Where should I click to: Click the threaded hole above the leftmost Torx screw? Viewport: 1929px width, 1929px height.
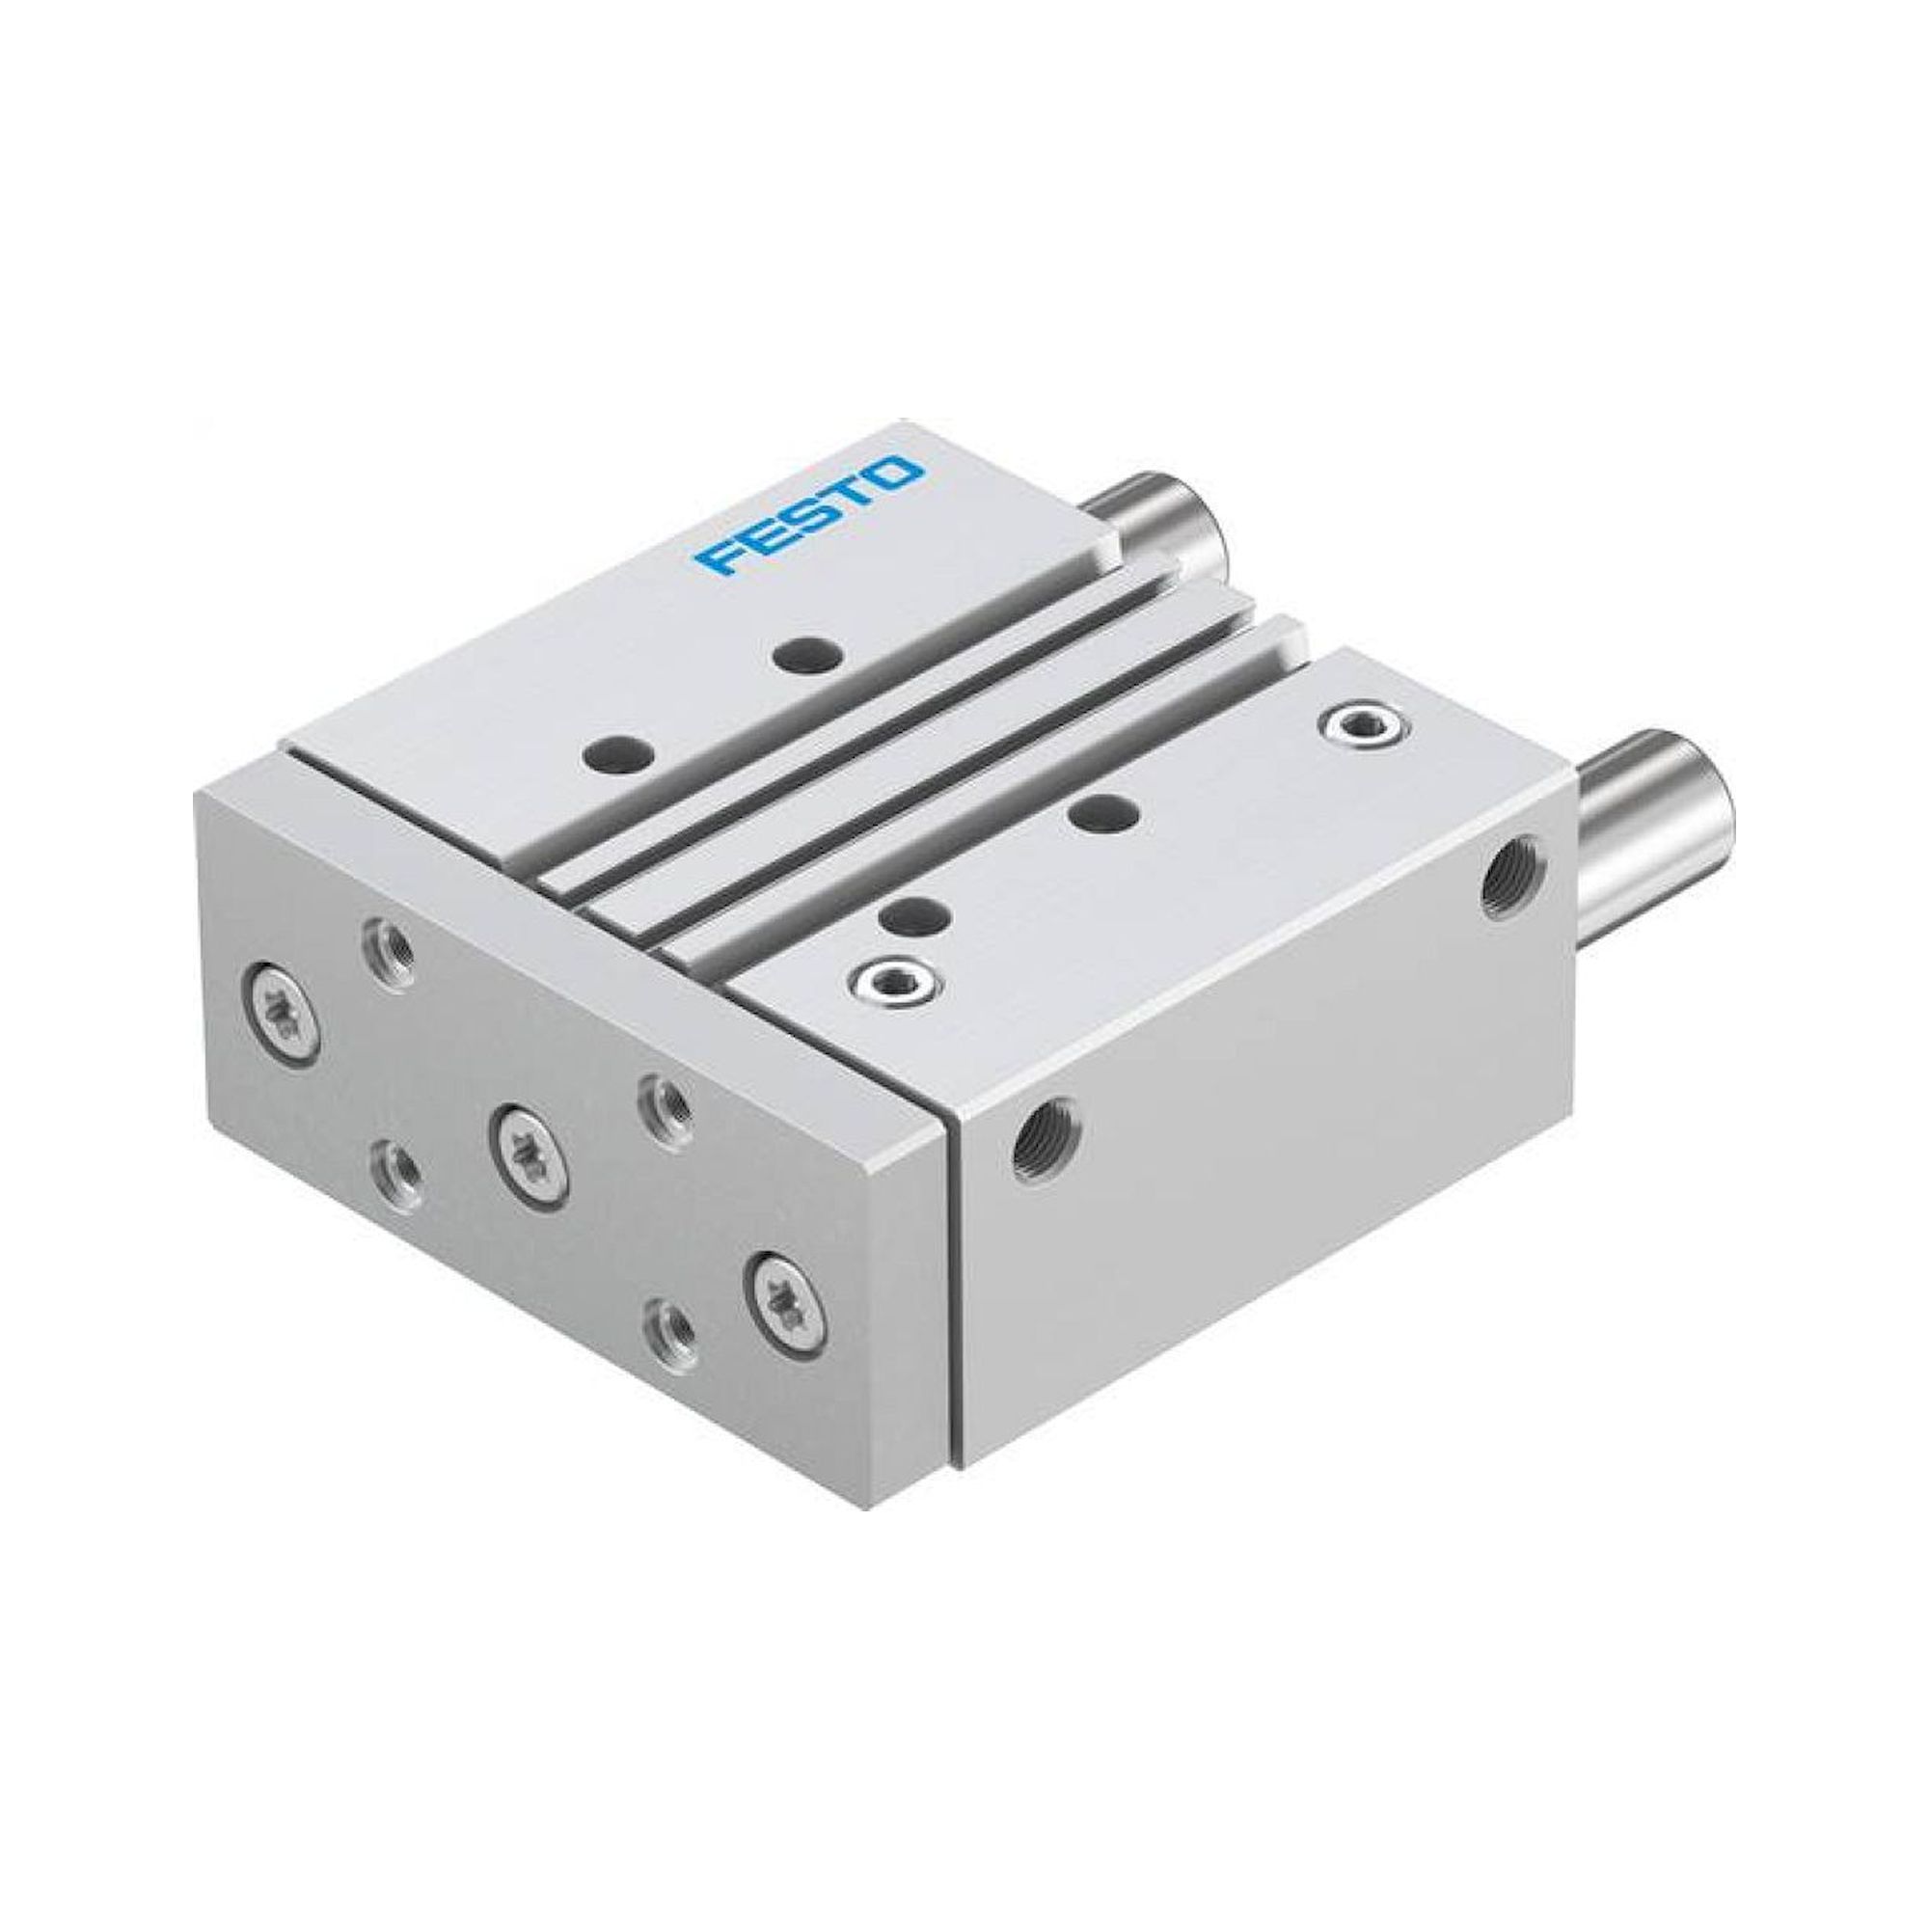pos(386,941)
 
